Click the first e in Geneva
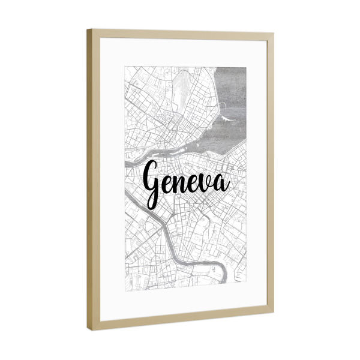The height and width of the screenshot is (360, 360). point(167,184)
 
